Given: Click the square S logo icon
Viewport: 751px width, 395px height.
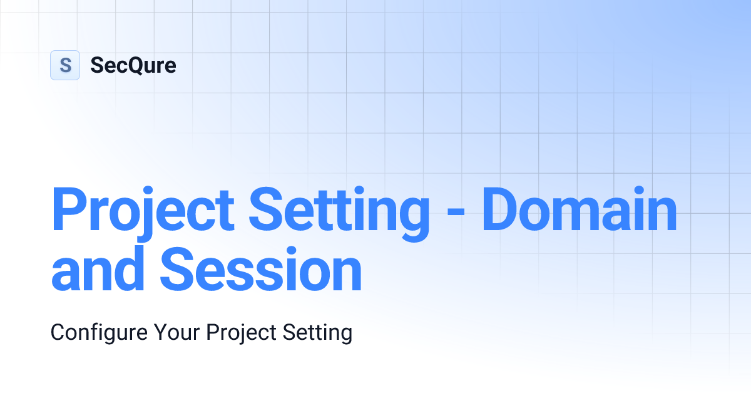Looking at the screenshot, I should pyautogui.click(x=65, y=65).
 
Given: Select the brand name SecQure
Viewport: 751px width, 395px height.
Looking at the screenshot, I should pyautogui.click(x=133, y=65).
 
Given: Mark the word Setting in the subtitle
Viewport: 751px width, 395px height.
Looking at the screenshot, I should pyautogui.click(x=319, y=332).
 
